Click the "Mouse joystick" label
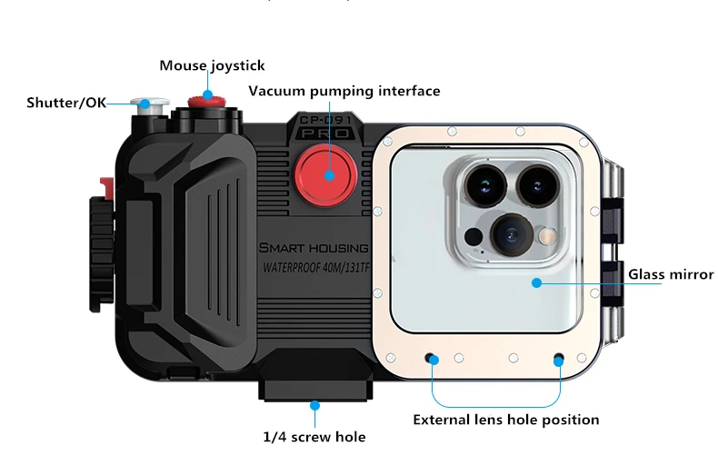coord(212,65)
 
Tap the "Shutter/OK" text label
coord(66,103)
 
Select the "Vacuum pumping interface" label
coord(344,91)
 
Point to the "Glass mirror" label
coord(671,274)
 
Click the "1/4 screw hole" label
coord(314,437)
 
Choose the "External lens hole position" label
coord(505,420)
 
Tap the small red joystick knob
coord(200,97)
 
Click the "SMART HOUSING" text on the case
coord(314,248)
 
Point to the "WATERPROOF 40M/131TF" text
coord(314,269)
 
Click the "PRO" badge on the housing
coord(325,133)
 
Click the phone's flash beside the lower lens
coord(548,236)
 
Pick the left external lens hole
coord(433,358)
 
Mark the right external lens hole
coord(560,358)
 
